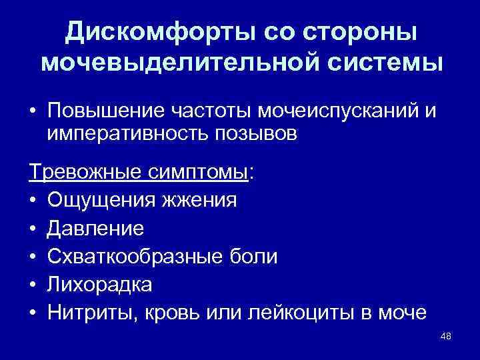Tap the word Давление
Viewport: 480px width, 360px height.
(95, 229)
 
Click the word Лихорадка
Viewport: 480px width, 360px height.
(99, 285)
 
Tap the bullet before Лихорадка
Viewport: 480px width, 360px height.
(33, 285)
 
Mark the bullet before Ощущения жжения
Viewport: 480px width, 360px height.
(33, 201)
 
